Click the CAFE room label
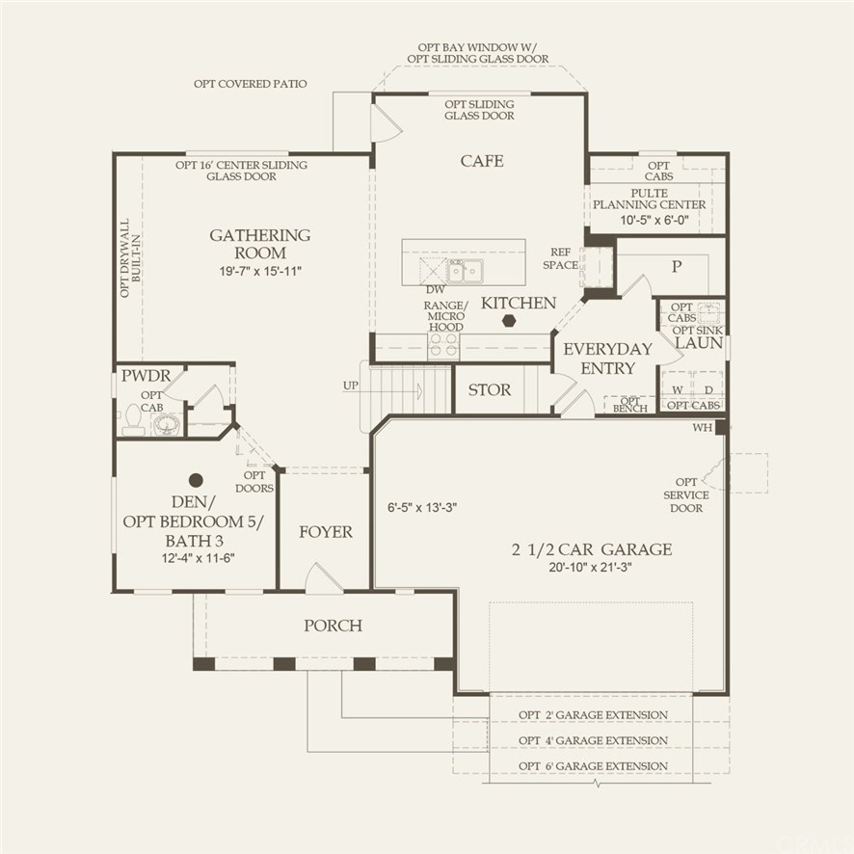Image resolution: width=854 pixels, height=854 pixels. [x=482, y=161]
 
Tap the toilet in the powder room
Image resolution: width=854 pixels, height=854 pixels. [x=133, y=419]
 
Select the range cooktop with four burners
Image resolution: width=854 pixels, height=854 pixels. [x=443, y=345]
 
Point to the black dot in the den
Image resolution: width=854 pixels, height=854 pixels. [x=196, y=480]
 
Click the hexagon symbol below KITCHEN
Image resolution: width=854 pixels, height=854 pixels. [x=509, y=320]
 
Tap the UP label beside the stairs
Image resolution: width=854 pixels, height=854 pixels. [x=350, y=386]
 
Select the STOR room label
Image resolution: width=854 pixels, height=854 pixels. [x=490, y=390]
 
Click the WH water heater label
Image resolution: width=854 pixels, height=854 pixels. [x=702, y=428]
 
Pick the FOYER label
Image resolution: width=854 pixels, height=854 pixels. [x=326, y=531]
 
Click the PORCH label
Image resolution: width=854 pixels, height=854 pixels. [x=333, y=626]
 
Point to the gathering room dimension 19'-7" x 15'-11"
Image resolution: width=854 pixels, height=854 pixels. [x=260, y=271]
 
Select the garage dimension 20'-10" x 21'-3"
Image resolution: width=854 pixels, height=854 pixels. [x=591, y=567]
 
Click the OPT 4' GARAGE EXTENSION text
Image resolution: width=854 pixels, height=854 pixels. [x=593, y=740]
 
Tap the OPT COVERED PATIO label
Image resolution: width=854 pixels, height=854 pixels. [x=250, y=84]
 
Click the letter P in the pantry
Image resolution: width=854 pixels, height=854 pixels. [x=677, y=266]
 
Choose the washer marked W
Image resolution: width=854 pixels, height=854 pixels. [x=677, y=390]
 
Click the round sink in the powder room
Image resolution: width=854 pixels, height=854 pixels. [x=166, y=424]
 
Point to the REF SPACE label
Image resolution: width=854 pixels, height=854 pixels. [x=560, y=258]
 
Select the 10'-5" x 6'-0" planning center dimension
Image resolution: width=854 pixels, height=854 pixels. [x=654, y=221]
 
